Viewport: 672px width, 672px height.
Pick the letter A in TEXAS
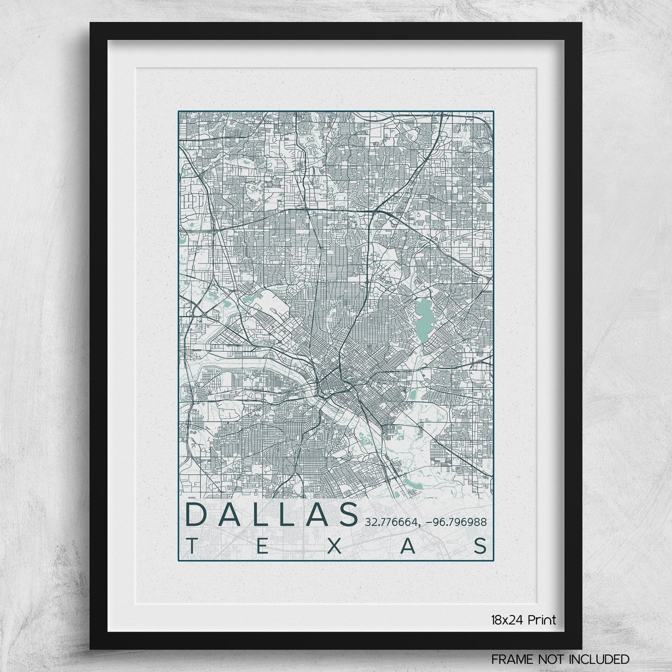pos(407,546)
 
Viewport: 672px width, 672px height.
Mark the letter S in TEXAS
pos(481,546)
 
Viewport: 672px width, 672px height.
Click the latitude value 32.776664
pos(391,522)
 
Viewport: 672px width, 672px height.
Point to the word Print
pos(542,620)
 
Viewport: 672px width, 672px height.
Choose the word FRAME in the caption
pos(510,659)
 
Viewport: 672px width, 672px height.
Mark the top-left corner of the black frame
pos(91,24)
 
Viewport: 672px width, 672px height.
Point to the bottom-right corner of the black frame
pos(581,648)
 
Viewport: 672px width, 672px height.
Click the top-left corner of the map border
pos(179,111)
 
